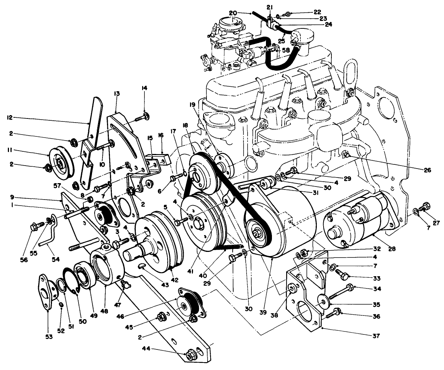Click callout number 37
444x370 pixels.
click(x=376, y=336)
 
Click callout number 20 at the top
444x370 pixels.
click(x=233, y=13)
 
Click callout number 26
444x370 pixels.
click(x=427, y=170)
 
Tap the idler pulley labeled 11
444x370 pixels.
click(x=59, y=161)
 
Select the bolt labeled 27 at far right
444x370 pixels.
click(x=426, y=206)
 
